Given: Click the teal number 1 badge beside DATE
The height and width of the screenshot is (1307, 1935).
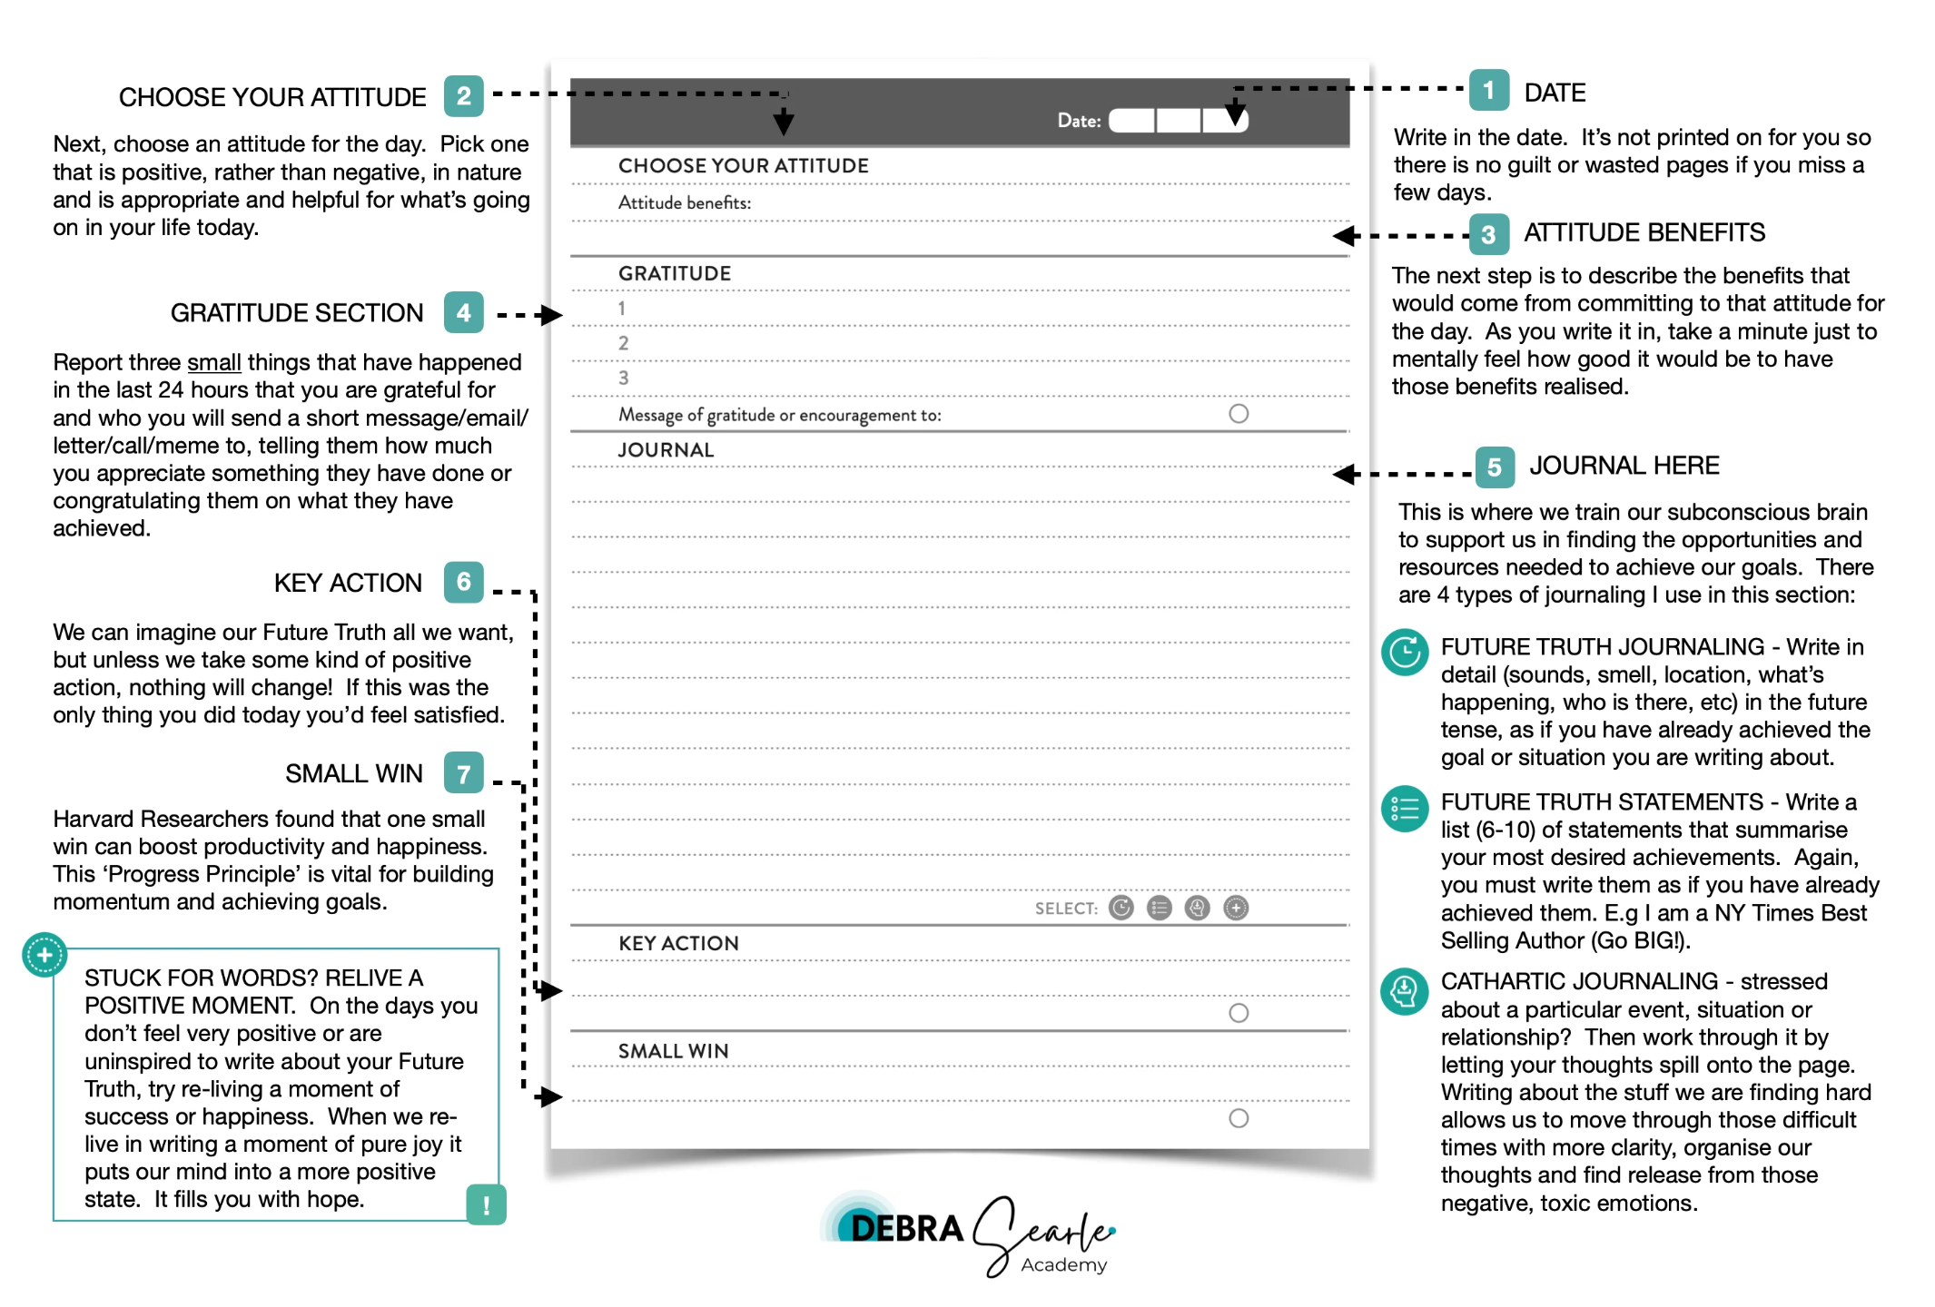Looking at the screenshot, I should coord(1488,90).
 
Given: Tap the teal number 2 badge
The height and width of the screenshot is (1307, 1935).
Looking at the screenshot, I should coord(463,95).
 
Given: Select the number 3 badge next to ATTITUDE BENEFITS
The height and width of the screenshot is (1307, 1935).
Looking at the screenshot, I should coord(1488,234).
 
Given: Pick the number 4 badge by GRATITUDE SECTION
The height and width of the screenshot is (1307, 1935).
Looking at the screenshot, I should coord(463,312).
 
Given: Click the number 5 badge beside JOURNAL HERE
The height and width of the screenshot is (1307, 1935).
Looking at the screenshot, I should coord(1494,467).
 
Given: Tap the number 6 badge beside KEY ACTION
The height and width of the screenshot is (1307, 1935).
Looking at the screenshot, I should coord(463,582).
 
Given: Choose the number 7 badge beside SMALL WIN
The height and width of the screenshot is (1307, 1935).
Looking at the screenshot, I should coord(463,773).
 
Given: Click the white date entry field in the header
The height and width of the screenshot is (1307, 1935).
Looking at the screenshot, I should coord(1178,121).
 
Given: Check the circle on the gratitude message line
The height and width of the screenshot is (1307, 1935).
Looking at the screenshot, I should coord(1239,414).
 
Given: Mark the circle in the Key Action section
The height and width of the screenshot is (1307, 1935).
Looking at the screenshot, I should coord(1239,1013).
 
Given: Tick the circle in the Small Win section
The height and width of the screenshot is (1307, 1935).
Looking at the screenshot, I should coord(1239,1118).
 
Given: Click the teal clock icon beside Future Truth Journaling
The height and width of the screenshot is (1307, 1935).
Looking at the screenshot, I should coord(1405,652).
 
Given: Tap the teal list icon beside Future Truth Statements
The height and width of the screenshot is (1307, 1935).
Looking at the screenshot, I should coord(1405,808).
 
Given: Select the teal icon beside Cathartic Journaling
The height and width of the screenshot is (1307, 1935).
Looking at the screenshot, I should coord(1405,990).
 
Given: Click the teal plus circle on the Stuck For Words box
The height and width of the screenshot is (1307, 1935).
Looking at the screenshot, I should coord(44,955).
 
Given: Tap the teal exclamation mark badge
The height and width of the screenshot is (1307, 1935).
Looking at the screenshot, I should coord(487,1204).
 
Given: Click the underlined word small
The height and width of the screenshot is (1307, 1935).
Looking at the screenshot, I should coord(213,362).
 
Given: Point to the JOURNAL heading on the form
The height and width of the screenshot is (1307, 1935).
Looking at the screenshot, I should coord(666,450).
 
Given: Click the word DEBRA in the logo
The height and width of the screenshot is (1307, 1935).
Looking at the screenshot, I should coord(906,1229).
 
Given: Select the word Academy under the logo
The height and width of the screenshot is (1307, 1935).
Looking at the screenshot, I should coord(1063,1265).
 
